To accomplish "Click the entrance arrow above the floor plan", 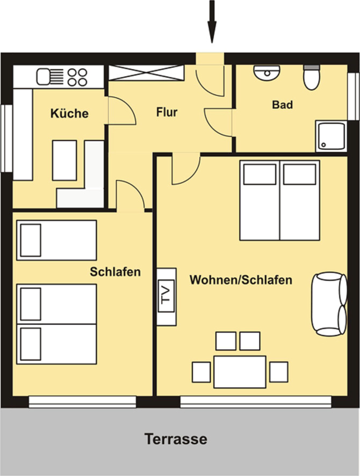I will pyautogui.click(x=212, y=21).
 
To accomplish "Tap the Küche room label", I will pyautogui.click(x=69, y=114).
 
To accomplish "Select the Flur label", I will pyautogui.click(x=167, y=113).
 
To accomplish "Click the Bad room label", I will pyautogui.click(x=283, y=105).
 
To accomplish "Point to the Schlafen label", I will pyautogui.click(x=115, y=272).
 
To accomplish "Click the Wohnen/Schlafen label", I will pyautogui.click(x=241, y=280).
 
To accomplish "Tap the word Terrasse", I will pyautogui.click(x=176, y=439).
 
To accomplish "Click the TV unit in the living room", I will pyautogui.click(x=165, y=296).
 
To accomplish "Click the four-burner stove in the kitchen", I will pyautogui.click(x=77, y=77).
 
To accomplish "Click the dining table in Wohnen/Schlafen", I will pyautogui.click(x=240, y=371).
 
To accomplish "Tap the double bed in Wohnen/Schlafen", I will pyautogui.click(x=279, y=200).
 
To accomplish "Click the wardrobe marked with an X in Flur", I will pyautogui.click(x=146, y=73).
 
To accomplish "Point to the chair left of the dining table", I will pyautogui.click(x=201, y=372).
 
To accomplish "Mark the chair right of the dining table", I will pyautogui.click(x=278, y=372).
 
